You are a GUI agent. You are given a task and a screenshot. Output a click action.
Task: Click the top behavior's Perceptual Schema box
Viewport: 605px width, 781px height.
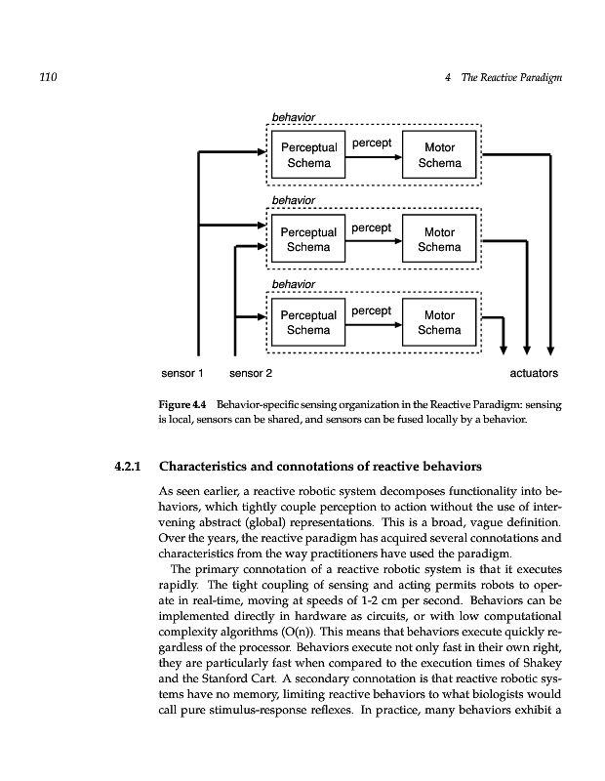coord(307,156)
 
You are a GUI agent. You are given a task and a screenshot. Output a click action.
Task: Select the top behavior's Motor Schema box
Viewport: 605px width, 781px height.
coord(439,156)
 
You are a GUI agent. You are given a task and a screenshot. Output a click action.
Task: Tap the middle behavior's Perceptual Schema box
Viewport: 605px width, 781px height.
coord(307,240)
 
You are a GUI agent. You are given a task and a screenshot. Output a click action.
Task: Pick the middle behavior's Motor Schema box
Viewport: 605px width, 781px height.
coord(439,240)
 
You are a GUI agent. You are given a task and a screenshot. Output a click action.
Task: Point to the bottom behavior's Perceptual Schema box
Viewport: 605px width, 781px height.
coord(307,323)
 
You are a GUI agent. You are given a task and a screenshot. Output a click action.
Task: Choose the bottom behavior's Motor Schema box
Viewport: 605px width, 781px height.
coord(439,323)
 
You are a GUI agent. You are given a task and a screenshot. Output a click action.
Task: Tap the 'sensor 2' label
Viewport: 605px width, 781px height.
coord(251,373)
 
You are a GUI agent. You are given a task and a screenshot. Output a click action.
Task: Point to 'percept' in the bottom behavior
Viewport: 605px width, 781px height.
coord(371,310)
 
